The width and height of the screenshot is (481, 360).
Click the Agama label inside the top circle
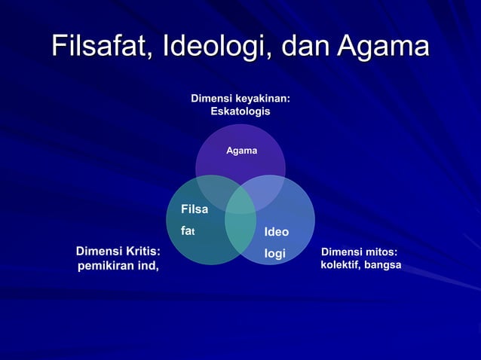pyautogui.click(x=241, y=151)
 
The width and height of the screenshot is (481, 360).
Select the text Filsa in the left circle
pyautogui.click(x=195, y=209)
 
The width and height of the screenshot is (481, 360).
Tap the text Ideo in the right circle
pyautogui.click(x=277, y=231)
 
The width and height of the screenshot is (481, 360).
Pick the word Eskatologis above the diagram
pyautogui.click(x=240, y=111)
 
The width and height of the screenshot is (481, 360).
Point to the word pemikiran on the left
pyautogui.click(x=105, y=266)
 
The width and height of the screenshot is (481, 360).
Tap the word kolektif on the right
pyautogui.click(x=342, y=266)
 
